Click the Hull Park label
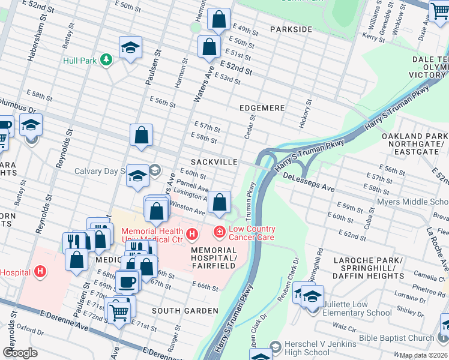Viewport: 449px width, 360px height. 80,61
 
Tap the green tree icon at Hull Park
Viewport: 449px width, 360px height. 106,60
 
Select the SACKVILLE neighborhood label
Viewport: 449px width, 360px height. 214,163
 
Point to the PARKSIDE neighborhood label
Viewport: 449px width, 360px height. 291,29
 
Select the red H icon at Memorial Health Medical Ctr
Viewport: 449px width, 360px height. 191,233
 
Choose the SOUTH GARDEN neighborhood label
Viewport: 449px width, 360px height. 185,311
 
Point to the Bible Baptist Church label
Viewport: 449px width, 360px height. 396,338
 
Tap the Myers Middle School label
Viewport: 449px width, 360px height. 412,202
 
